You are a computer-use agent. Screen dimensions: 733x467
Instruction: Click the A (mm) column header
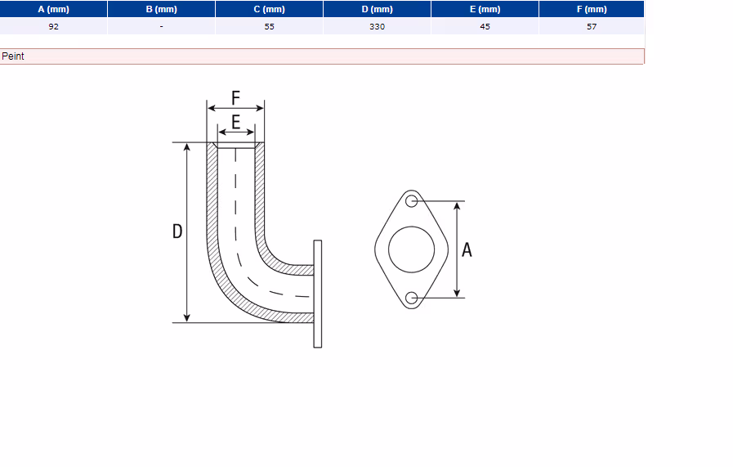click(x=53, y=9)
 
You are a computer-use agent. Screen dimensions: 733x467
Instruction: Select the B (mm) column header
click(x=161, y=9)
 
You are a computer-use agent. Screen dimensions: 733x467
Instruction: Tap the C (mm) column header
click(x=270, y=9)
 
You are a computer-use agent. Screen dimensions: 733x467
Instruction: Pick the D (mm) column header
click(x=378, y=9)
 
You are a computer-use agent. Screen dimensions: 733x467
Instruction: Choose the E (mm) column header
click(x=485, y=9)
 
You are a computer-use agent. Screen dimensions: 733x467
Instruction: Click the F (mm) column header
click(x=592, y=9)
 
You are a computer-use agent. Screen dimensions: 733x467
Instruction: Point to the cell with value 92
click(x=53, y=26)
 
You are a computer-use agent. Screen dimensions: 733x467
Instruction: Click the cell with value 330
click(x=378, y=26)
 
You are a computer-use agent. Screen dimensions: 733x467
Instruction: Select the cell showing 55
click(x=270, y=26)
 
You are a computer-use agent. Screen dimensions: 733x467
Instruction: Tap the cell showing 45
click(x=485, y=26)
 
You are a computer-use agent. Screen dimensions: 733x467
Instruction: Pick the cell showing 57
click(x=592, y=26)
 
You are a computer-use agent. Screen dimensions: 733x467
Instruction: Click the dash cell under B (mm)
click(x=161, y=26)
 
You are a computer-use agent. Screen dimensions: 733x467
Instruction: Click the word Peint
click(x=13, y=56)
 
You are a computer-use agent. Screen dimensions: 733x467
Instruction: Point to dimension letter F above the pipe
click(x=235, y=98)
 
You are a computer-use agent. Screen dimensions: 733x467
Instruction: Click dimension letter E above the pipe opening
click(x=236, y=122)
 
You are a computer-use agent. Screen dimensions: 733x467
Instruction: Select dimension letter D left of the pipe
click(x=177, y=231)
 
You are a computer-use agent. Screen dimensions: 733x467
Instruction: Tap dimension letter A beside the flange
click(x=467, y=250)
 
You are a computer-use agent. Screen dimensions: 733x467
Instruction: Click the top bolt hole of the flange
click(x=411, y=201)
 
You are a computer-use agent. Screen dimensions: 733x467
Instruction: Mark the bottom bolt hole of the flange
click(x=411, y=298)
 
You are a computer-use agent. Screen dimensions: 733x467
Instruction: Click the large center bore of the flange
click(x=411, y=249)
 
